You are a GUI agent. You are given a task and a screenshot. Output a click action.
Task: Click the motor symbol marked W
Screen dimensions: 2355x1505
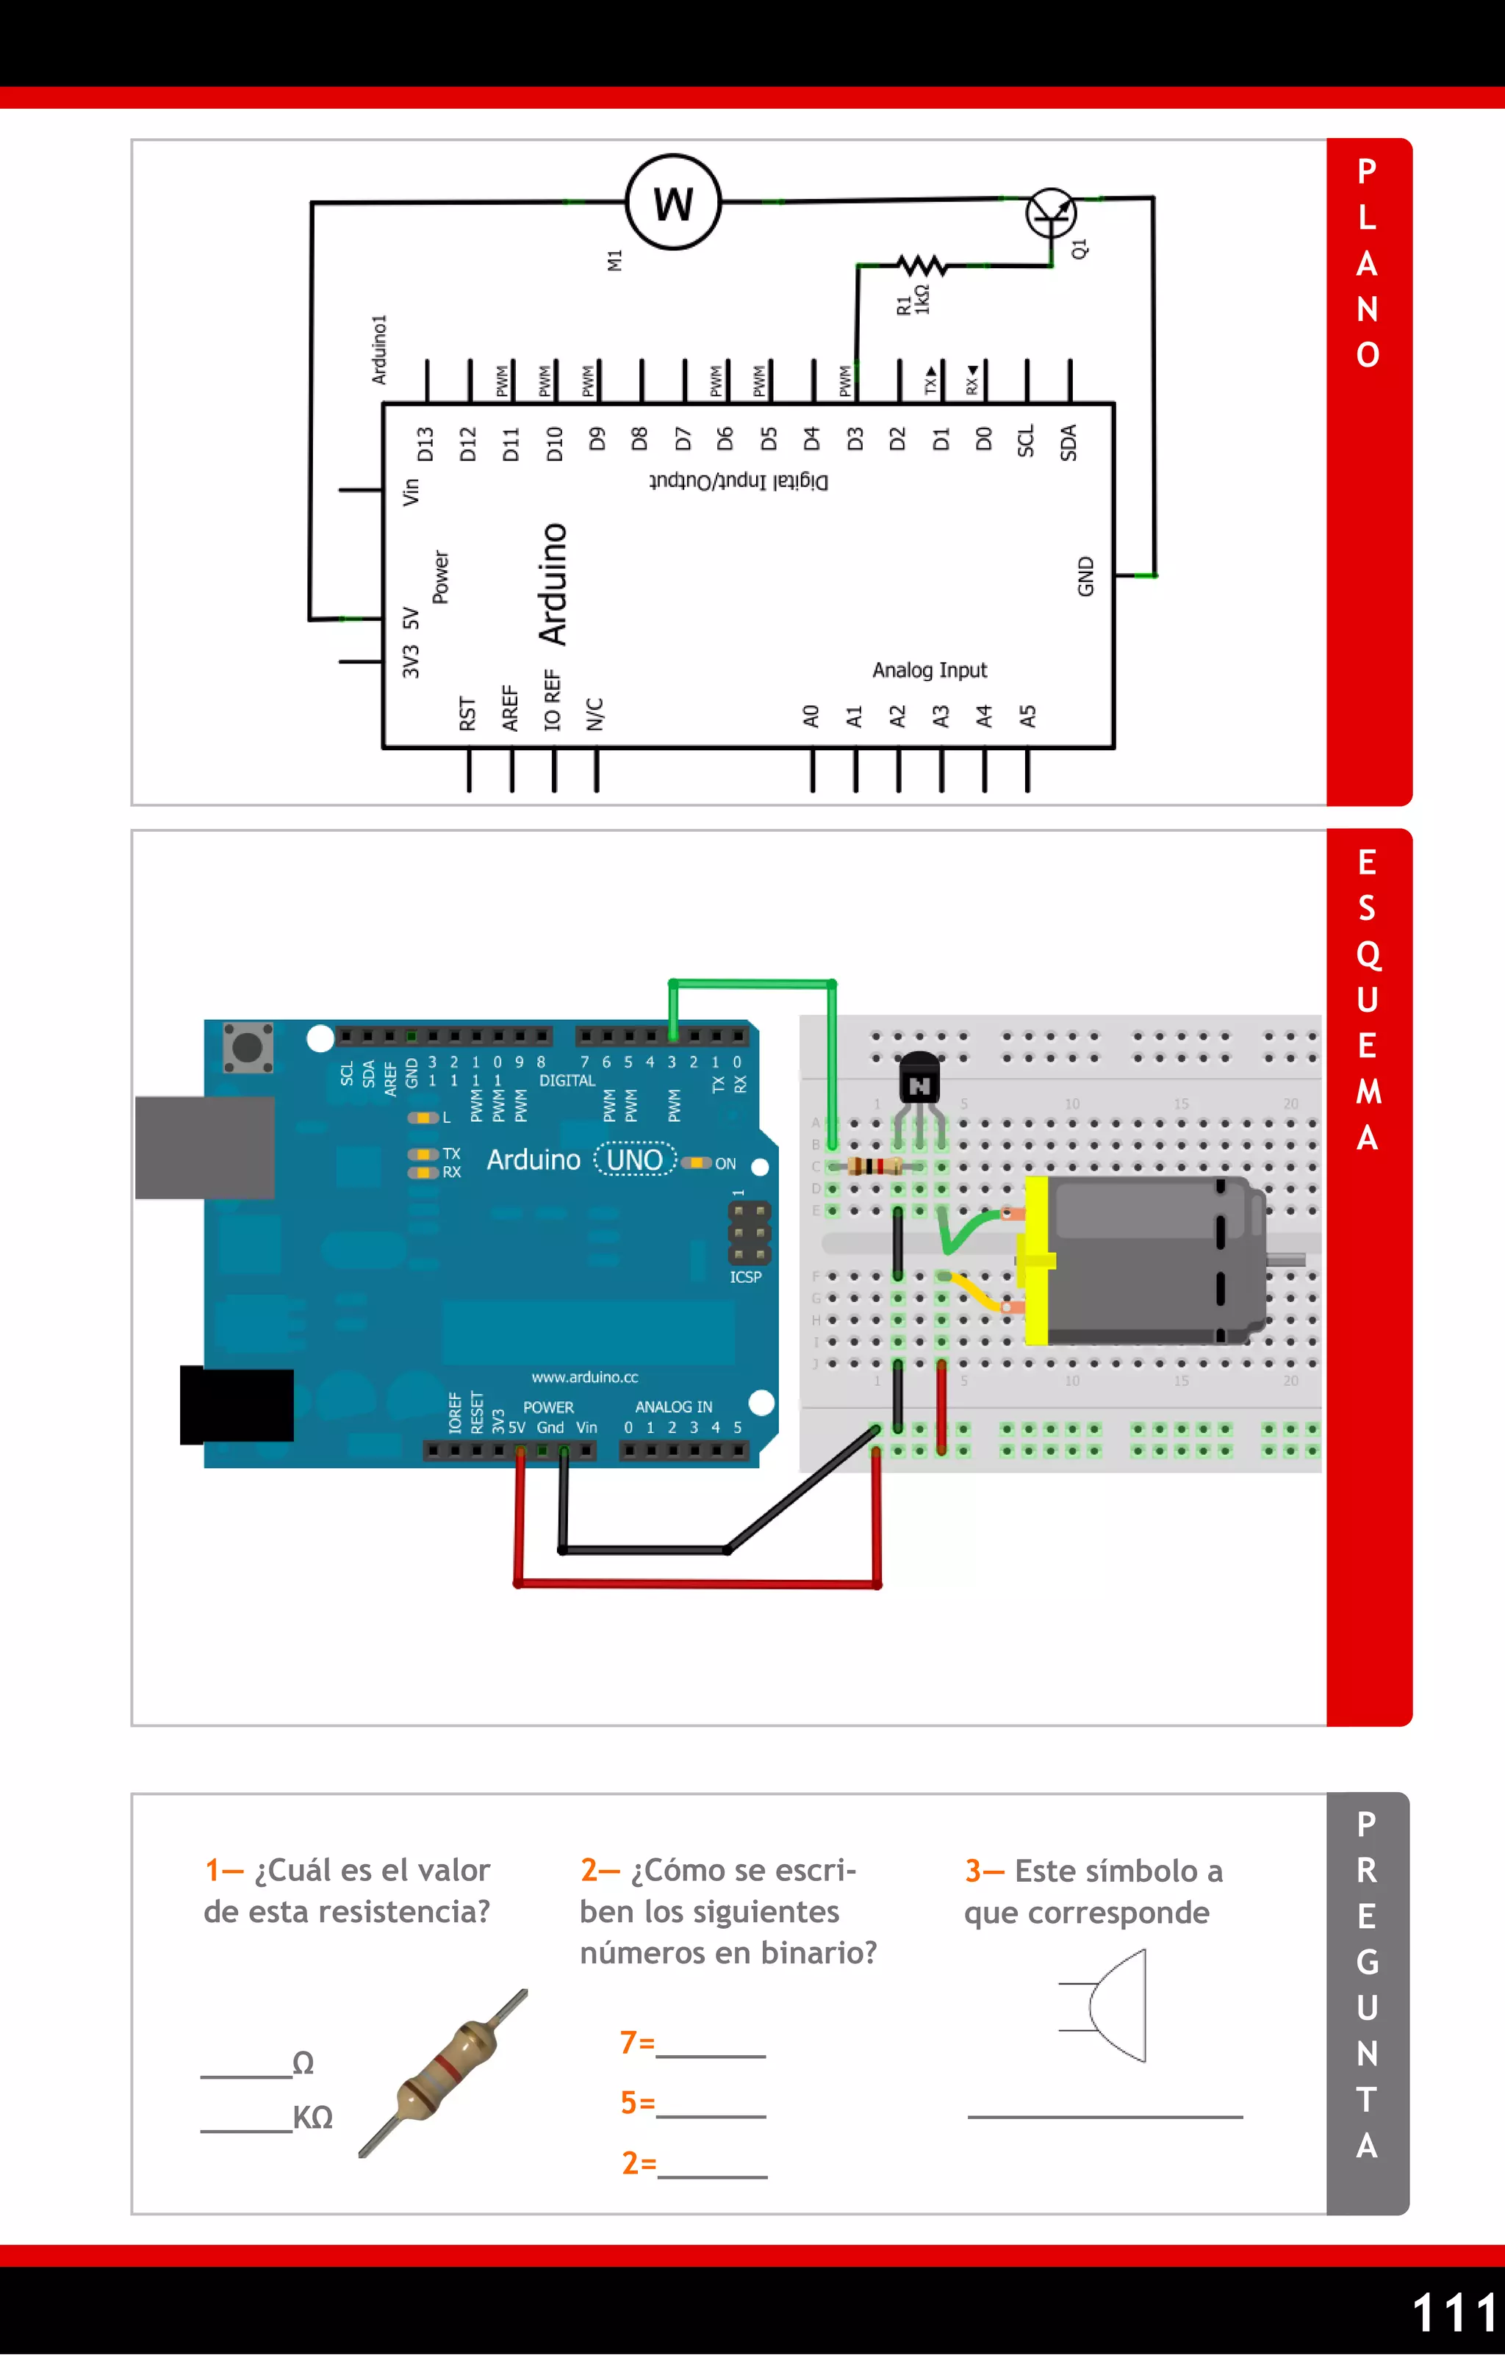click(673, 203)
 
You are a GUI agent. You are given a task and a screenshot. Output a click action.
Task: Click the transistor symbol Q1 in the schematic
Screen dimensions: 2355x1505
click(1052, 214)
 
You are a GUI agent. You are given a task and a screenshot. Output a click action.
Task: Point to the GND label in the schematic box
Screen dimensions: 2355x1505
click(1085, 576)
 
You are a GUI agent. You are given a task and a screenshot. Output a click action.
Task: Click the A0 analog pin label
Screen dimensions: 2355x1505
click(811, 716)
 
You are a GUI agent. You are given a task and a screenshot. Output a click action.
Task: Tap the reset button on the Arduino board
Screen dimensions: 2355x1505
click(248, 1047)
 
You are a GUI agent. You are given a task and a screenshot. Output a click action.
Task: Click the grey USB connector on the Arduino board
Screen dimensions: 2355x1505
click(204, 1147)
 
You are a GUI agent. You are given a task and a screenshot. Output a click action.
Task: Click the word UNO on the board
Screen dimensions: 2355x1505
click(635, 1160)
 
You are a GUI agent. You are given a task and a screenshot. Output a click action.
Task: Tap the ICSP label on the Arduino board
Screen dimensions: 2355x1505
click(745, 1276)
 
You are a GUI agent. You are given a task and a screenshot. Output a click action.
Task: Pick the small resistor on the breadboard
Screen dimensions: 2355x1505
click(873, 1166)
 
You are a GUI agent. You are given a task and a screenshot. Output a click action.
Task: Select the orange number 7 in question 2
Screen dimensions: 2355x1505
click(629, 2042)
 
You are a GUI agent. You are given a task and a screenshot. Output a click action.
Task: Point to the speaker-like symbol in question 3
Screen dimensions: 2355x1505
click(1106, 2005)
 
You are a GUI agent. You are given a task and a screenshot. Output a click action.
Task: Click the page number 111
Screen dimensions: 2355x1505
click(1454, 2313)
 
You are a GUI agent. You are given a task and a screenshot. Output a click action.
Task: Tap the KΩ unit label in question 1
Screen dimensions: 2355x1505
click(313, 2118)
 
